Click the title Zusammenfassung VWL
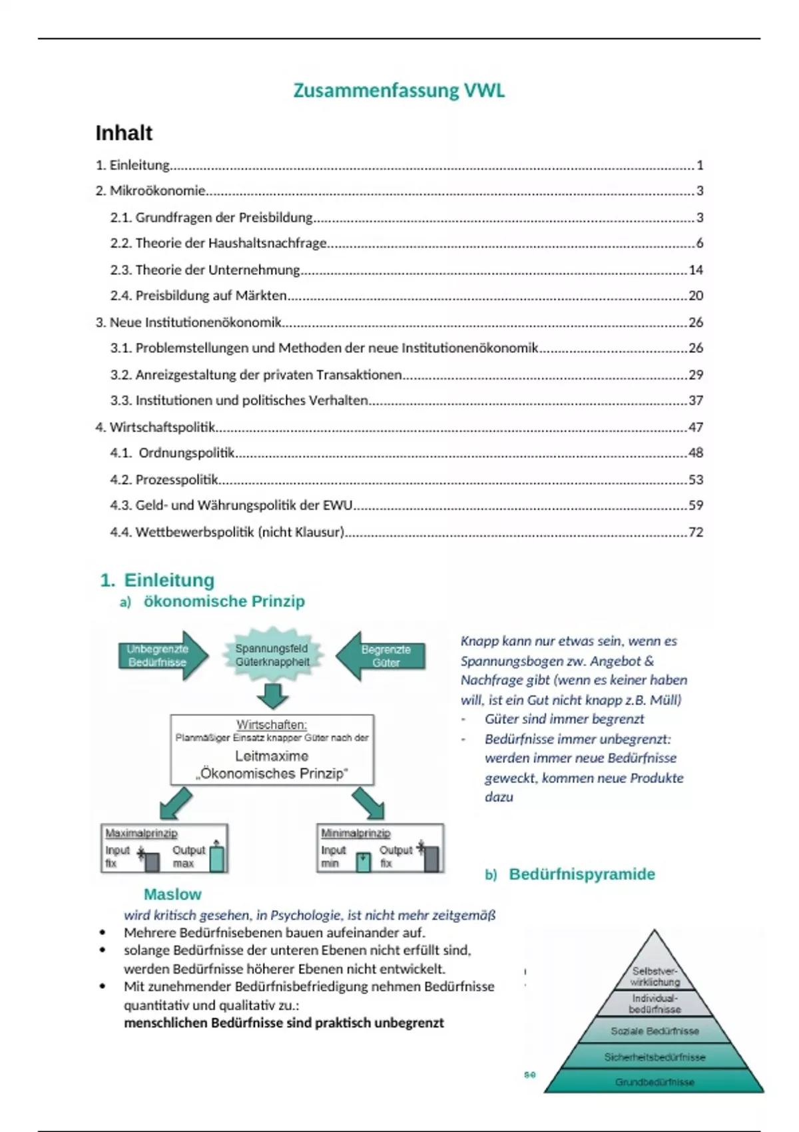(x=399, y=91)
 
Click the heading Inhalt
(x=124, y=133)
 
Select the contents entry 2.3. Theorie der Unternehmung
(x=218, y=270)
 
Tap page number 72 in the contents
(x=695, y=532)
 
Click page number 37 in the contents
(x=695, y=400)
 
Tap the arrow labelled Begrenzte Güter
(x=381, y=656)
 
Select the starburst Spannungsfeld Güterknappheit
(x=272, y=655)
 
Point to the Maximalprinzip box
(x=164, y=848)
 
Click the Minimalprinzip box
(x=380, y=848)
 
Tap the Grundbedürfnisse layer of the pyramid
(x=655, y=1082)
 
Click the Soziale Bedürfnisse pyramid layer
(x=655, y=1031)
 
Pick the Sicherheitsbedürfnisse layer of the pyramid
(x=655, y=1057)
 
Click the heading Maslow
(x=172, y=894)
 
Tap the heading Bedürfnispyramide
(x=581, y=874)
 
